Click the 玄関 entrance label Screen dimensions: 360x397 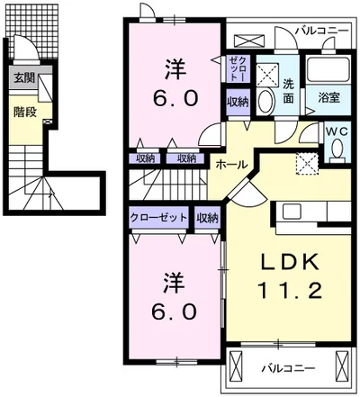(x=24, y=78)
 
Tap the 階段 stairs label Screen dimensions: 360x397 (x=25, y=112)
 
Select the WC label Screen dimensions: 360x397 (x=337, y=131)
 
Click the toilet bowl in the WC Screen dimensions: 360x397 (x=337, y=149)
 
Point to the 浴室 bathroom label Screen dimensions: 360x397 (x=328, y=97)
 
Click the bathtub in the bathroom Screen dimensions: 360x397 (x=328, y=68)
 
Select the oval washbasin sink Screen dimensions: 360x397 (x=265, y=101)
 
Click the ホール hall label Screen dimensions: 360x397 (x=231, y=164)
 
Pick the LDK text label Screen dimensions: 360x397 (x=289, y=262)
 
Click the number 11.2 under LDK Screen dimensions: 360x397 (x=290, y=290)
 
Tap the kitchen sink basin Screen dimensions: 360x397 (x=292, y=212)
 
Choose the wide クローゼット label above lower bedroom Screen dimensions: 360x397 (x=158, y=217)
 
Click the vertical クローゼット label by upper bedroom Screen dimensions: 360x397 (x=238, y=68)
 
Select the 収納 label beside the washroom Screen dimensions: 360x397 (x=238, y=102)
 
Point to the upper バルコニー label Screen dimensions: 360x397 (x=322, y=31)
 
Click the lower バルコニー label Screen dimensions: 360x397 (x=288, y=368)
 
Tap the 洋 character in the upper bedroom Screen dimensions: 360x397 (x=175, y=69)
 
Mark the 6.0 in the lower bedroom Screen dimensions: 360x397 (x=175, y=311)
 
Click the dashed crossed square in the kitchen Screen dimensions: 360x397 (x=307, y=163)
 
